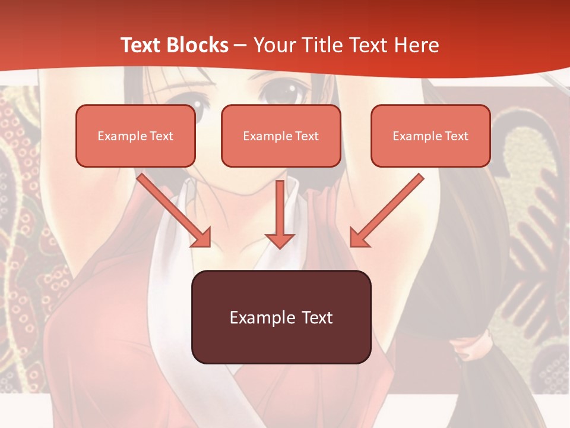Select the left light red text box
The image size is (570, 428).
click(135, 136)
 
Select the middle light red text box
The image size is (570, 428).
click(281, 136)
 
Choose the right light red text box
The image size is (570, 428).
click(430, 136)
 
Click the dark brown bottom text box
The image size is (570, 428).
click(281, 317)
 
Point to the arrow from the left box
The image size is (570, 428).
click(172, 209)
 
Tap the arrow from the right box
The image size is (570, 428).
click(387, 209)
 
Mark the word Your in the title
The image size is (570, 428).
click(275, 45)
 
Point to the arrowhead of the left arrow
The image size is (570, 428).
click(201, 237)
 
